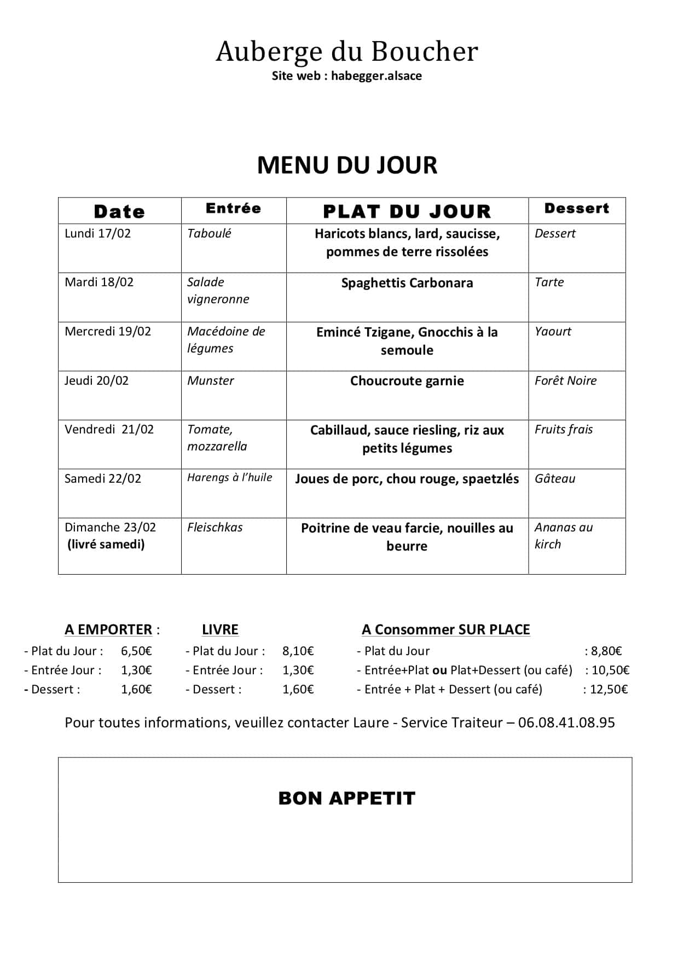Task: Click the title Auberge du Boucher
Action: click(x=347, y=52)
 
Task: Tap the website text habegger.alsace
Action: click(x=376, y=76)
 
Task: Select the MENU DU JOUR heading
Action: click(x=347, y=165)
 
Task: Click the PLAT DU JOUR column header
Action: click(x=407, y=211)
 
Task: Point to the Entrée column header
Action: click(x=234, y=209)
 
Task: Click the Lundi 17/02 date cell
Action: click(x=98, y=234)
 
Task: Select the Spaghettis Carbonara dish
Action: click(x=407, y=283)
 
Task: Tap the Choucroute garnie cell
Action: click(x=407, y=381)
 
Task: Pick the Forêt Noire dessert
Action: click(x=565, y=381)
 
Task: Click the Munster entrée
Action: click(x=211, y=381)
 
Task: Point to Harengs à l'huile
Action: click(x=230, y=478)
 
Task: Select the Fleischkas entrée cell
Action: click(x=215, y=528)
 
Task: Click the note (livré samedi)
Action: click(x=106, y=545)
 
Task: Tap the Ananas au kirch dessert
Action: click(x=563, y=536)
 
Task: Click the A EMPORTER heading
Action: click(x=108, y=630)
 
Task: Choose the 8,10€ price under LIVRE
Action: click(x=298, y=651)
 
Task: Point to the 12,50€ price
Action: click(x=609, y=690)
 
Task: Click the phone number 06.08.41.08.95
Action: click(x=566, y=723)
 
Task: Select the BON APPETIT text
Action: click(x=347, y=799)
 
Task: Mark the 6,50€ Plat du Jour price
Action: click(x=136, y=651)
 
